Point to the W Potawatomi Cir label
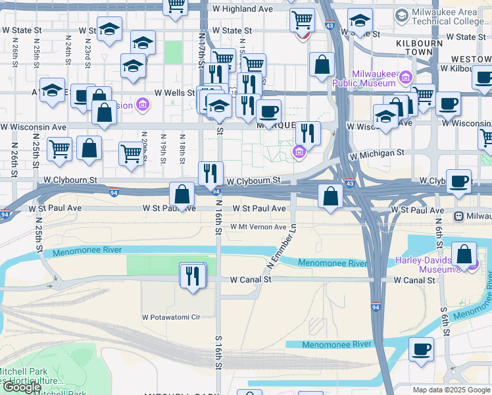(x=171, y=317)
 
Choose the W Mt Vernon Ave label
(x=258, y=227)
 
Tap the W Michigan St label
(x=377, y=154)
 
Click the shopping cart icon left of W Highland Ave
(x=176, y=6)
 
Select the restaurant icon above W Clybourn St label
(x=210, y=173)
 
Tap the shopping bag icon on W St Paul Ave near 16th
(x=182, y=194)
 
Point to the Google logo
(x=22, y=387)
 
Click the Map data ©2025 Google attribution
(x=450, y=390)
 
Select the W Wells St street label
(x=174, y=93)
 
